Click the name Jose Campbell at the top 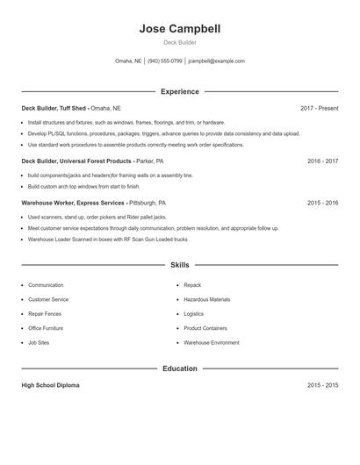pyautogui.click(x=179, y=29)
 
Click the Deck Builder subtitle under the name pyautogui.click(x=179, y=42)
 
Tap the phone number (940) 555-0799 pyautogui.click(x=164, y=61)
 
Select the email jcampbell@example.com pyautogui.click(x=216, y=61)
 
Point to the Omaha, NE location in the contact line pyautogui.click(x=128, y=61)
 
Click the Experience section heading pyautogui.click(x=179, y=91)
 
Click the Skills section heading pyautogui.click(x=179, y=264)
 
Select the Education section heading pyautogui.click(x=179, y=368)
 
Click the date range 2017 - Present pyautogui.click(x=319, y=108)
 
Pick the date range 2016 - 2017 pyautogui.click(x=322, y=161)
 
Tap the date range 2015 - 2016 pyautogui.click(x=322, y=203)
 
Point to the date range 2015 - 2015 pyautogui.click(x=322, y=385)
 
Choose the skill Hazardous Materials pyautogui.click(x=207, y=299)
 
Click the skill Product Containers pyautogui.click(x=205, y=328)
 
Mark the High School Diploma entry pyautogui.click(x=50, y=385)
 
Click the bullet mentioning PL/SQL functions pyautogui.click(x=163, y=133)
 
